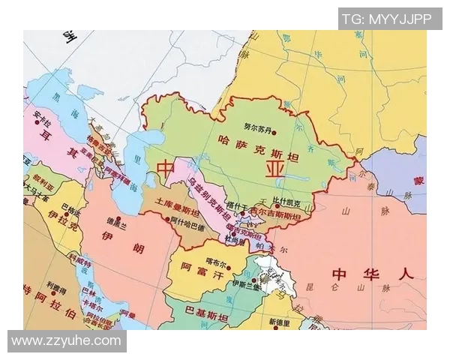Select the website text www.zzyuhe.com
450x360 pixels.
click(66, 341)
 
